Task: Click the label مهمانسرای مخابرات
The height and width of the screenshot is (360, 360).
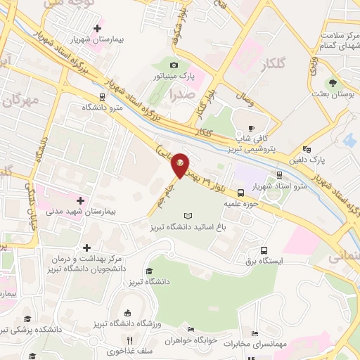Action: click(253, 345)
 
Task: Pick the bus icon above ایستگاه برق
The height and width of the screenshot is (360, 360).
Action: click(264, 250)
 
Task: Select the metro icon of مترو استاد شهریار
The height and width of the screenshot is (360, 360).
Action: click(279, 175)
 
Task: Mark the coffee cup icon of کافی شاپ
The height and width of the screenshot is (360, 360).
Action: click(252, 128)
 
